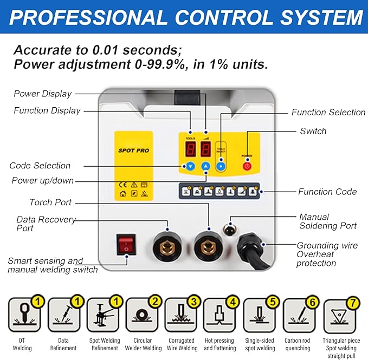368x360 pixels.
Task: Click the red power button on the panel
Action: tap(247, 166)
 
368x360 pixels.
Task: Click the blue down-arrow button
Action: tap(190, 166)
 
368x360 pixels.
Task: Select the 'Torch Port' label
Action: tap(50, 202)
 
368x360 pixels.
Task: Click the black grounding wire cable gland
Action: tap(251, 249)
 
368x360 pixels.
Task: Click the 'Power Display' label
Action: tap(42, 94)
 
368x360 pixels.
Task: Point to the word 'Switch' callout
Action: tap(313, 131)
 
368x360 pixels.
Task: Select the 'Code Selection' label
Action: tap(40, 166)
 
